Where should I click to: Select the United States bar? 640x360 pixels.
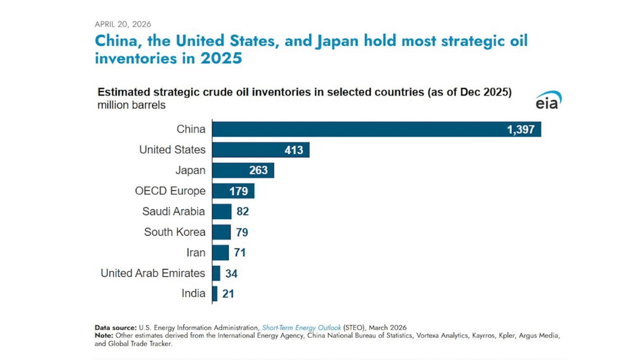tap(260, 150)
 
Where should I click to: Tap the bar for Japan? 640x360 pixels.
tap(243, 171)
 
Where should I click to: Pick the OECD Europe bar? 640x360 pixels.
tap(233, 191)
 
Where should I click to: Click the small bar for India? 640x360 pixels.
tap(215, 294)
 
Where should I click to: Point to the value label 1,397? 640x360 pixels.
tap(520, 130)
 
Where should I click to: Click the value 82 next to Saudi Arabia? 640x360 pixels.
tap(243, 212)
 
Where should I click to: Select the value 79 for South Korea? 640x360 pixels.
tap(242, 233)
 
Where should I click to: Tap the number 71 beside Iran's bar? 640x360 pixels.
tap(239, 253)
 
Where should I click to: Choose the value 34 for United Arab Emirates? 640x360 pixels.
tap(231, 274)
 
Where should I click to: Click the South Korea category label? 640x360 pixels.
tap(174, 232)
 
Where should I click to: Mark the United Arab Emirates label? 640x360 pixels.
tap(153, 273)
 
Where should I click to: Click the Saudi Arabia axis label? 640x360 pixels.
tap(173, 211)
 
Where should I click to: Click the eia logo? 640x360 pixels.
tap(548, 100)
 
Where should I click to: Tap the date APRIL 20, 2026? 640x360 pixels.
tap(123, 24)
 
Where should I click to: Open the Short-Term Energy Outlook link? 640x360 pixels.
tap(301, 327)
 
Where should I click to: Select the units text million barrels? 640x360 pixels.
tap(131, 105)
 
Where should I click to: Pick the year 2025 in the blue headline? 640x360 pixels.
tap(221, 58)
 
